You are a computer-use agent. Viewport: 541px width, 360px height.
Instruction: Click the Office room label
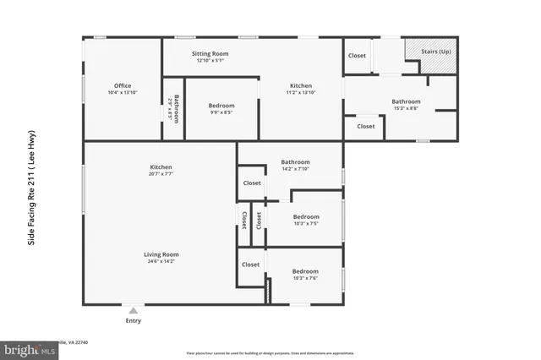pyautogui.click(x=123, y=85)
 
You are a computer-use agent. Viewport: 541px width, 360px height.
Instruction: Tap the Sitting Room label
pyautogui.click(x=212, y=53)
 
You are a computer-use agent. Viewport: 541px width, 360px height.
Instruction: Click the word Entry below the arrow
pyautogui.click(x=134, y=320)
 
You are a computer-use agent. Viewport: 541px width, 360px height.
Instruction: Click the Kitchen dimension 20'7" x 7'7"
pyautogui.click(x=161, y=176)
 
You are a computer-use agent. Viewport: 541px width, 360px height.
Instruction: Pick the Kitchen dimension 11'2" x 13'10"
pyautogui.click(x=301, y=93)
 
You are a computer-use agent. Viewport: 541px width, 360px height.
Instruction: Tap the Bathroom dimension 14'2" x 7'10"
pyautogui.click(x=295, y=169)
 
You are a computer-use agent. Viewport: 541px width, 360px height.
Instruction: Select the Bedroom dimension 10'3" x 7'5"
pyautogui.click(x=305, y=224)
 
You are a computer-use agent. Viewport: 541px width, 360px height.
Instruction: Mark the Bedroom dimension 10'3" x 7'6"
pyautogui.click(x=305, y=278)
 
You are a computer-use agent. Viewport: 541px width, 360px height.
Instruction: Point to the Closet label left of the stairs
pyautogui.click(x=357, y=56)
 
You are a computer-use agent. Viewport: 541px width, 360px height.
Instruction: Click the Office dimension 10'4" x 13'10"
pyautogui.click(x=123, y=92)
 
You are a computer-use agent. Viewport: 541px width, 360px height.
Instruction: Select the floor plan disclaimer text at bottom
pyautogui.click(x=271, y=352)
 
